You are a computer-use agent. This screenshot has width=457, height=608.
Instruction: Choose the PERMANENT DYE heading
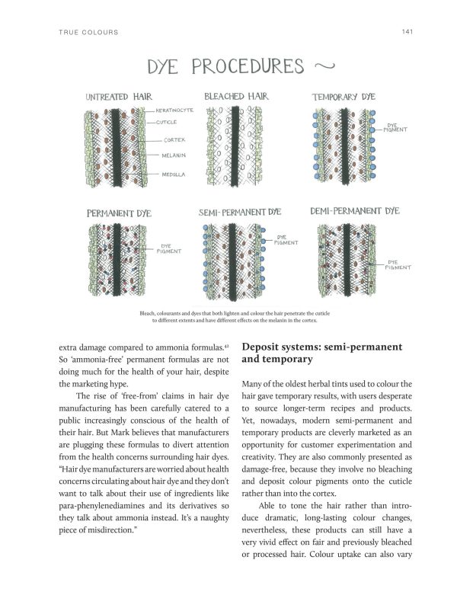(119, 213)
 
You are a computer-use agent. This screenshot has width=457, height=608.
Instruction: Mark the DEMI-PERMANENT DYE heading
(355, 210)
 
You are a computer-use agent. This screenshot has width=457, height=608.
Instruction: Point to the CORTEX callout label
(174, 140)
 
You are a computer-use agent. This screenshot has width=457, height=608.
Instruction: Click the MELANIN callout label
(175, 155)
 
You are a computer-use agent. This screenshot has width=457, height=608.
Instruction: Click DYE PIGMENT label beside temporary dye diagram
(396, 128)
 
